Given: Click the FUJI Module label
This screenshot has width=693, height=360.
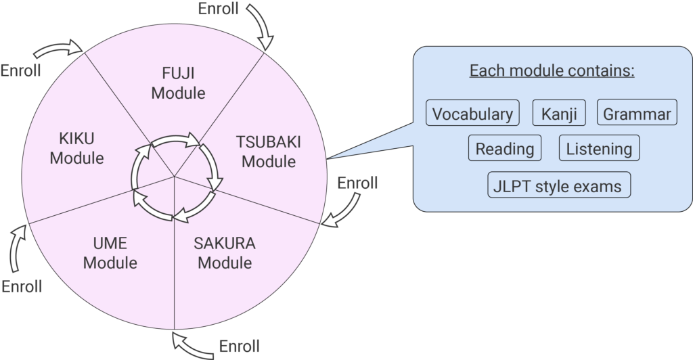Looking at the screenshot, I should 178,83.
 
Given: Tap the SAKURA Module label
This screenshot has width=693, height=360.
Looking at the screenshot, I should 225,252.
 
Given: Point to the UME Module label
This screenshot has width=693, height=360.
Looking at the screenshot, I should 110,252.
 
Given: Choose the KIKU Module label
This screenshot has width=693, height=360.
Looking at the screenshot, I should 76,148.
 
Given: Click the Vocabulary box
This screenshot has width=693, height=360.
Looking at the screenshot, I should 472,113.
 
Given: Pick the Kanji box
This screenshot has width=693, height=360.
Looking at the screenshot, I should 559,113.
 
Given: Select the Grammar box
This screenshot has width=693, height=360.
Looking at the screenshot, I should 637,113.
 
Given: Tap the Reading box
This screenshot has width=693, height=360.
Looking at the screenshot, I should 505,149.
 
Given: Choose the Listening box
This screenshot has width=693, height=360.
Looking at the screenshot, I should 599,149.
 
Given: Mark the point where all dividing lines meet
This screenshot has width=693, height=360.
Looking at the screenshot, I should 175,177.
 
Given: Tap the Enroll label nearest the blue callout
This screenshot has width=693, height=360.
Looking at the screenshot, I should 357,183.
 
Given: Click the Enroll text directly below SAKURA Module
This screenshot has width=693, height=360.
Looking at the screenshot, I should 239,347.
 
